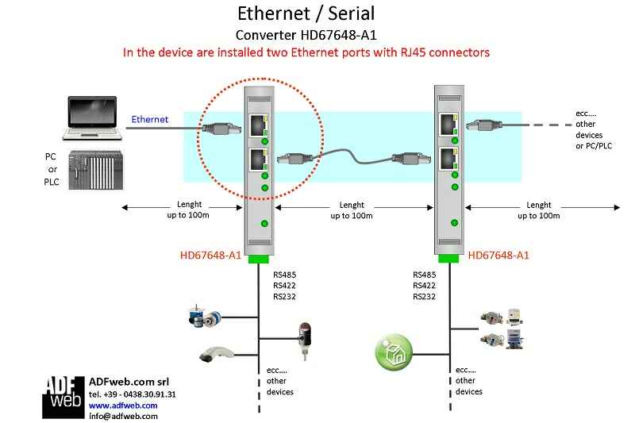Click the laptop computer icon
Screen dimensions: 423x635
(x=93, y=115)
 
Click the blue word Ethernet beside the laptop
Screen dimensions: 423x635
(x=149, y=119)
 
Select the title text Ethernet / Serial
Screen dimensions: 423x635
(x=306, y=13)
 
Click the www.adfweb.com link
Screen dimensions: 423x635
(x=122, y=405)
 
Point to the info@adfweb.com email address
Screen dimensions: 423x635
(x=123, y=416)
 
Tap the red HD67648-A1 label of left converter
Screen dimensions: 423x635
(x=211, y=256)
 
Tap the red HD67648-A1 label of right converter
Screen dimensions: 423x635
(x=498, y=256)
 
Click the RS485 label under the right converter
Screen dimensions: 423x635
(x=425, y=275)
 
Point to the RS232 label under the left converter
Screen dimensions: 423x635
(x=284, y=297)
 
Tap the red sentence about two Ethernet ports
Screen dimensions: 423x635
(x=306, y=52)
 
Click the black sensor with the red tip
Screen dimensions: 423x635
(x=304, y=333)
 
